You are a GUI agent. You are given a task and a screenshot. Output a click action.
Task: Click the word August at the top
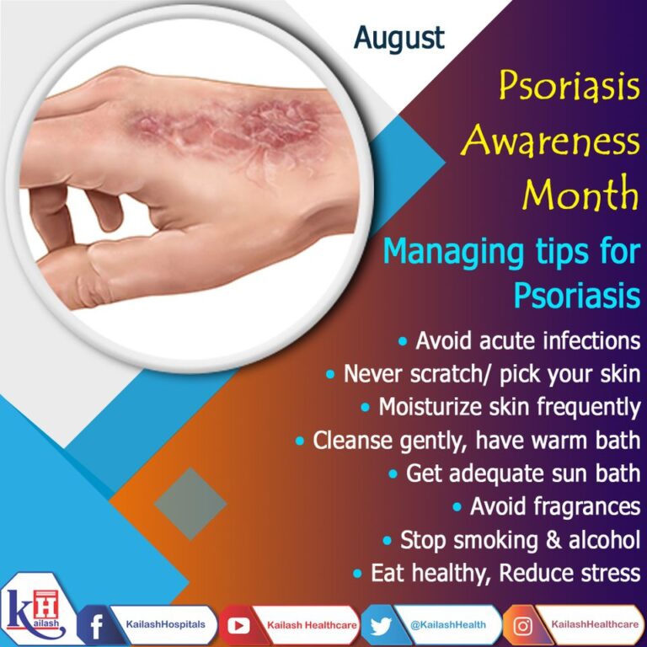(x=399, y=37)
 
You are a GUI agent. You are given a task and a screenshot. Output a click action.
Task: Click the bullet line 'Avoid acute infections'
(x=518, y=342)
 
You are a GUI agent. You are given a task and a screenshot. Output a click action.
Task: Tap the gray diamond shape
(x=190, y=504)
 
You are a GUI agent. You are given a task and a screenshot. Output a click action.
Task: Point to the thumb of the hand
(x=101, y=270)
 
